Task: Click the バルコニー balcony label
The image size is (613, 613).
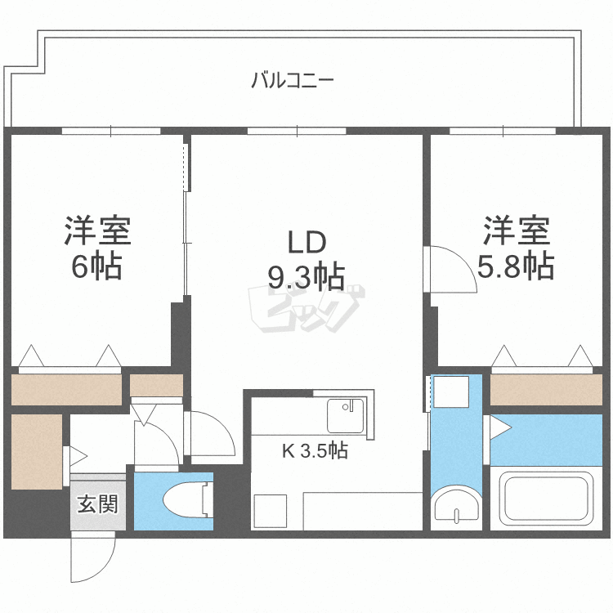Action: (293, 80)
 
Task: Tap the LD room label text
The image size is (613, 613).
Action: (306, 242)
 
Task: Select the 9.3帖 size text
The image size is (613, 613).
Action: (306, 277)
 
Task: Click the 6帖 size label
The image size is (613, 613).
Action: (96, 266)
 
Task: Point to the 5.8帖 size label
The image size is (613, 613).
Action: (516, 266)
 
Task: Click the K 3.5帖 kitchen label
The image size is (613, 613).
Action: (315, 450)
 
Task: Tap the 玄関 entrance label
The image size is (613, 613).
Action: (98, 503)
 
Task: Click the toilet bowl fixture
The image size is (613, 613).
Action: (189, 501)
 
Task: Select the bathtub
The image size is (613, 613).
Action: (546, 498)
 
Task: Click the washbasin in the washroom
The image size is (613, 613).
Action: (456, 505)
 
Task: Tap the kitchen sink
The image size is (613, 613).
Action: (346, 415)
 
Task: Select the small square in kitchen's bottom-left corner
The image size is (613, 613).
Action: (271, 511)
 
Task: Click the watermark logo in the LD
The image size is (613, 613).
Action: (306, 309)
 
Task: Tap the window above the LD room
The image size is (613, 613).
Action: (298, 131)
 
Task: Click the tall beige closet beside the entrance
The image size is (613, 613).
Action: (37, 451)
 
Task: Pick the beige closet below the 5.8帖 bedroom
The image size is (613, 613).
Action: (546, 390)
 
